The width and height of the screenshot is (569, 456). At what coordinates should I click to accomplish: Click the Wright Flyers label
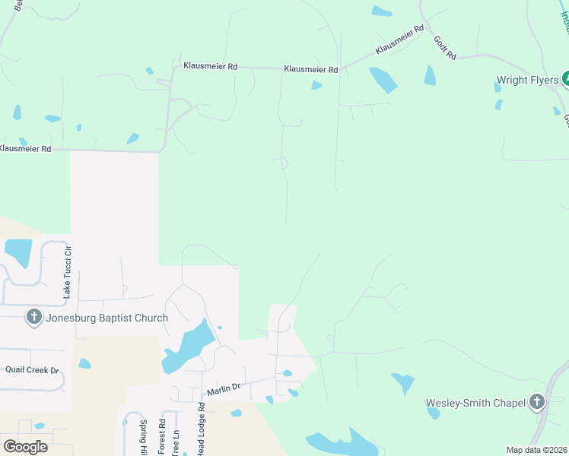click(x=527, y=80)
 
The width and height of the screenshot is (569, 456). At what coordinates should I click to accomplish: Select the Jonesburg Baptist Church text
click(x=106, y=318)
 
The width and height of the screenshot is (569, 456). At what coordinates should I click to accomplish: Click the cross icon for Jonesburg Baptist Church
click(x=33, y=318)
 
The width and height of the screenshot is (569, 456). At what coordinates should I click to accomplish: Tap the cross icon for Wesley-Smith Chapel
click(x=537, y=401)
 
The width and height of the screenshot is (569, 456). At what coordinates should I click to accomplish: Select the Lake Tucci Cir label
click(x=67, y=271)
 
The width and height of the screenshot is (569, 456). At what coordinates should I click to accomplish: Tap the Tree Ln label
click(x=176, y=442)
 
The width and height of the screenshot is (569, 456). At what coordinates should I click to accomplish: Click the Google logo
click(x=25, y=446)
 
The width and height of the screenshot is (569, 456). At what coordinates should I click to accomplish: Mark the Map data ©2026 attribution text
click(x=536, y=450)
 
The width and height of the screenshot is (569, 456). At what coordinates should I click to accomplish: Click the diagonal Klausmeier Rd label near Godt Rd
click(x=399, y=42)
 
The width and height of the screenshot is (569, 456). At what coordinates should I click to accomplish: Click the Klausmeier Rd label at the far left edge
click(x=25, y=149)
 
